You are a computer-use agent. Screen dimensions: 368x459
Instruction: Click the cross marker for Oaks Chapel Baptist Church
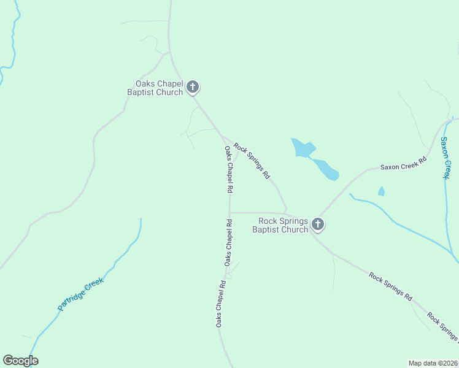coord(193,87)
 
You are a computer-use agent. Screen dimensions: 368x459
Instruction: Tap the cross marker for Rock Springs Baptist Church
coord(318,225)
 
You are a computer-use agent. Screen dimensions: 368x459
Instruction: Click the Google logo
coord(20,361)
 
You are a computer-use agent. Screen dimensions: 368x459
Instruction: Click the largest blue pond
coord(303,148)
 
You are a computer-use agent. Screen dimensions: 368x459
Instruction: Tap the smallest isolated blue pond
coord(381,191)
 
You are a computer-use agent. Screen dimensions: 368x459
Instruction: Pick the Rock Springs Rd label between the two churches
coord(252,161)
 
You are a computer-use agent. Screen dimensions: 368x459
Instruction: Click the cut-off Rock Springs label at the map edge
coord(443,328)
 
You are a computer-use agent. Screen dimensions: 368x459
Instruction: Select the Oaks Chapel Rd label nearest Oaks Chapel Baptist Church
coord(229,167)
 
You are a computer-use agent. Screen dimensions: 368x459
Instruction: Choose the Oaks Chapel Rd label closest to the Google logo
coord(219,304)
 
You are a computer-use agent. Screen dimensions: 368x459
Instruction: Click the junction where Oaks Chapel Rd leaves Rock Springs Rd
coord(222,134)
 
